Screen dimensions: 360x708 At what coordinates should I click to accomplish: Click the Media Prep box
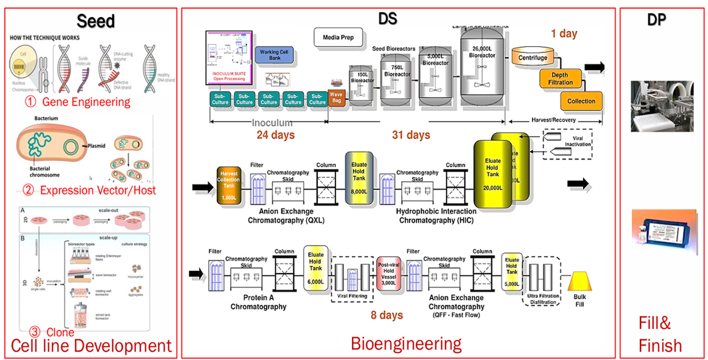click(x=338, y=38)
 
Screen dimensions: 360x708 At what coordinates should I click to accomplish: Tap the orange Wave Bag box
click(x=337, y=98)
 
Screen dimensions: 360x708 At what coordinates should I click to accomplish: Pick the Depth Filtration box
click(x=560, y=79)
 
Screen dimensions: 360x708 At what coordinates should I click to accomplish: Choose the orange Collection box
click(x=581, y=101)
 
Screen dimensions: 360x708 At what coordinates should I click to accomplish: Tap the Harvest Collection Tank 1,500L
click(x=229, y=186)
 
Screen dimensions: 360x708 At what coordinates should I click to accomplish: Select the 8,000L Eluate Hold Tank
click(x=359, y=178)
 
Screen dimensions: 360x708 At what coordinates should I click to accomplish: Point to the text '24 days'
click(x=275, y=135)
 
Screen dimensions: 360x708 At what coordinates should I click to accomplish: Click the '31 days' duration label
click(x=411, y=135)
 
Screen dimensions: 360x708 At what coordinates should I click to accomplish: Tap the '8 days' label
click(x=387, y=315)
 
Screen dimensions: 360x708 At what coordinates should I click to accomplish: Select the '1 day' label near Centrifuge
click(x=564, y=34)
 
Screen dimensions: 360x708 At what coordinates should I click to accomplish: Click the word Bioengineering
click(x=406, y=344)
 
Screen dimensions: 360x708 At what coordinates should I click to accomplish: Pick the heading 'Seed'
click(x=96, y=21)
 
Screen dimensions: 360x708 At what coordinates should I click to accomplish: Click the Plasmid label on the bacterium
click(x=96, y=146)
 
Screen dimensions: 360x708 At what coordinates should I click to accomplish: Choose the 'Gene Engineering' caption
click(x=86, y=102)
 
